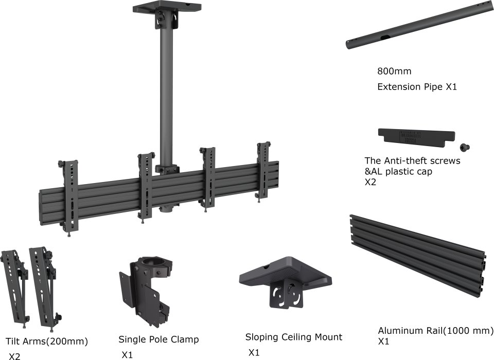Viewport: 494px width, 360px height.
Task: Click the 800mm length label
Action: tap(394, 71)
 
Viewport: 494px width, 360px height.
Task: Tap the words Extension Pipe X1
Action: tap(417, 87)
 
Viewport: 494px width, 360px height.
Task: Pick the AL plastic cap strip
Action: tap(416, 136)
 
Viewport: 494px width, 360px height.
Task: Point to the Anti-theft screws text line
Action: tap(412, 161)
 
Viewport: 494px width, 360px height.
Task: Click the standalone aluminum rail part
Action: tap(417, 255)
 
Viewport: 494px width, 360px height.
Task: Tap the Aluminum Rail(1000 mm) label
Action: tap(435, 330)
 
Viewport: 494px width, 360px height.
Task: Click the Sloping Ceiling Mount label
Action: tap(293, 337)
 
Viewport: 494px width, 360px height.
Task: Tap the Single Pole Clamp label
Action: tap(158, 339)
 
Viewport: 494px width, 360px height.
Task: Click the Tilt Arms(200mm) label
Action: tap(47, 341)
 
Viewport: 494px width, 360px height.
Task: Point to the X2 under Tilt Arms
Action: tap(14, 356)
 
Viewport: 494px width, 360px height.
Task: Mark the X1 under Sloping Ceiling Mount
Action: tap(254, 353)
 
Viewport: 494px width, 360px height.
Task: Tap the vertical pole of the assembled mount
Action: tap(166, 93)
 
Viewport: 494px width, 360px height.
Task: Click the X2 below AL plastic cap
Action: tap(370, 182)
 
